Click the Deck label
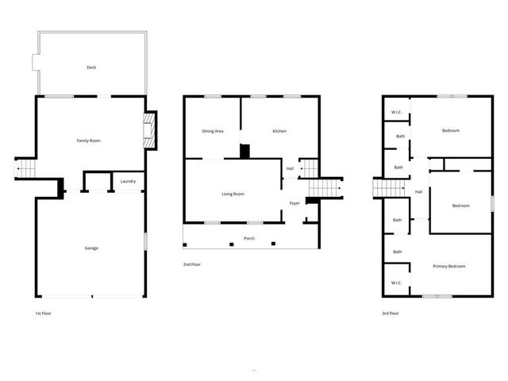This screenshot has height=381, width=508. tap(91, 67)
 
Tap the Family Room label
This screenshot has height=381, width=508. tap(88, 140)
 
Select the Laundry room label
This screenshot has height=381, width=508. tap(128, 182)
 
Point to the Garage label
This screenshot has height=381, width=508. tap(91, 248)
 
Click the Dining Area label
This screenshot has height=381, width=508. tap(213, 131)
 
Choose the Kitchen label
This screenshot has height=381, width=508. tap(279, 131)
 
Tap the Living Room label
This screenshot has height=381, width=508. tap(233, 194)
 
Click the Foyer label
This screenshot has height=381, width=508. tap(294, 203)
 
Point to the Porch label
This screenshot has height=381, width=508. tap(249, 238)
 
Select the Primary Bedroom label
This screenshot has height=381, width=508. tap(449, 266)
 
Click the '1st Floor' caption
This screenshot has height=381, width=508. tap(44, 314)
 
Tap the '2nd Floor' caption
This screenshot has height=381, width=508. tap(192, 264)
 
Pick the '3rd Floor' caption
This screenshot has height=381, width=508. tap(391, 314)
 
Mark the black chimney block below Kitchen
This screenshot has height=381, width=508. tap(245, 151)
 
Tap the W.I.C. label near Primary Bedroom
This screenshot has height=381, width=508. tap(396, 283)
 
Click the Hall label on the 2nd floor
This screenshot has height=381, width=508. tap(290, 168)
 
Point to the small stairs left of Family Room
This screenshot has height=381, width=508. tap(27, 169)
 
